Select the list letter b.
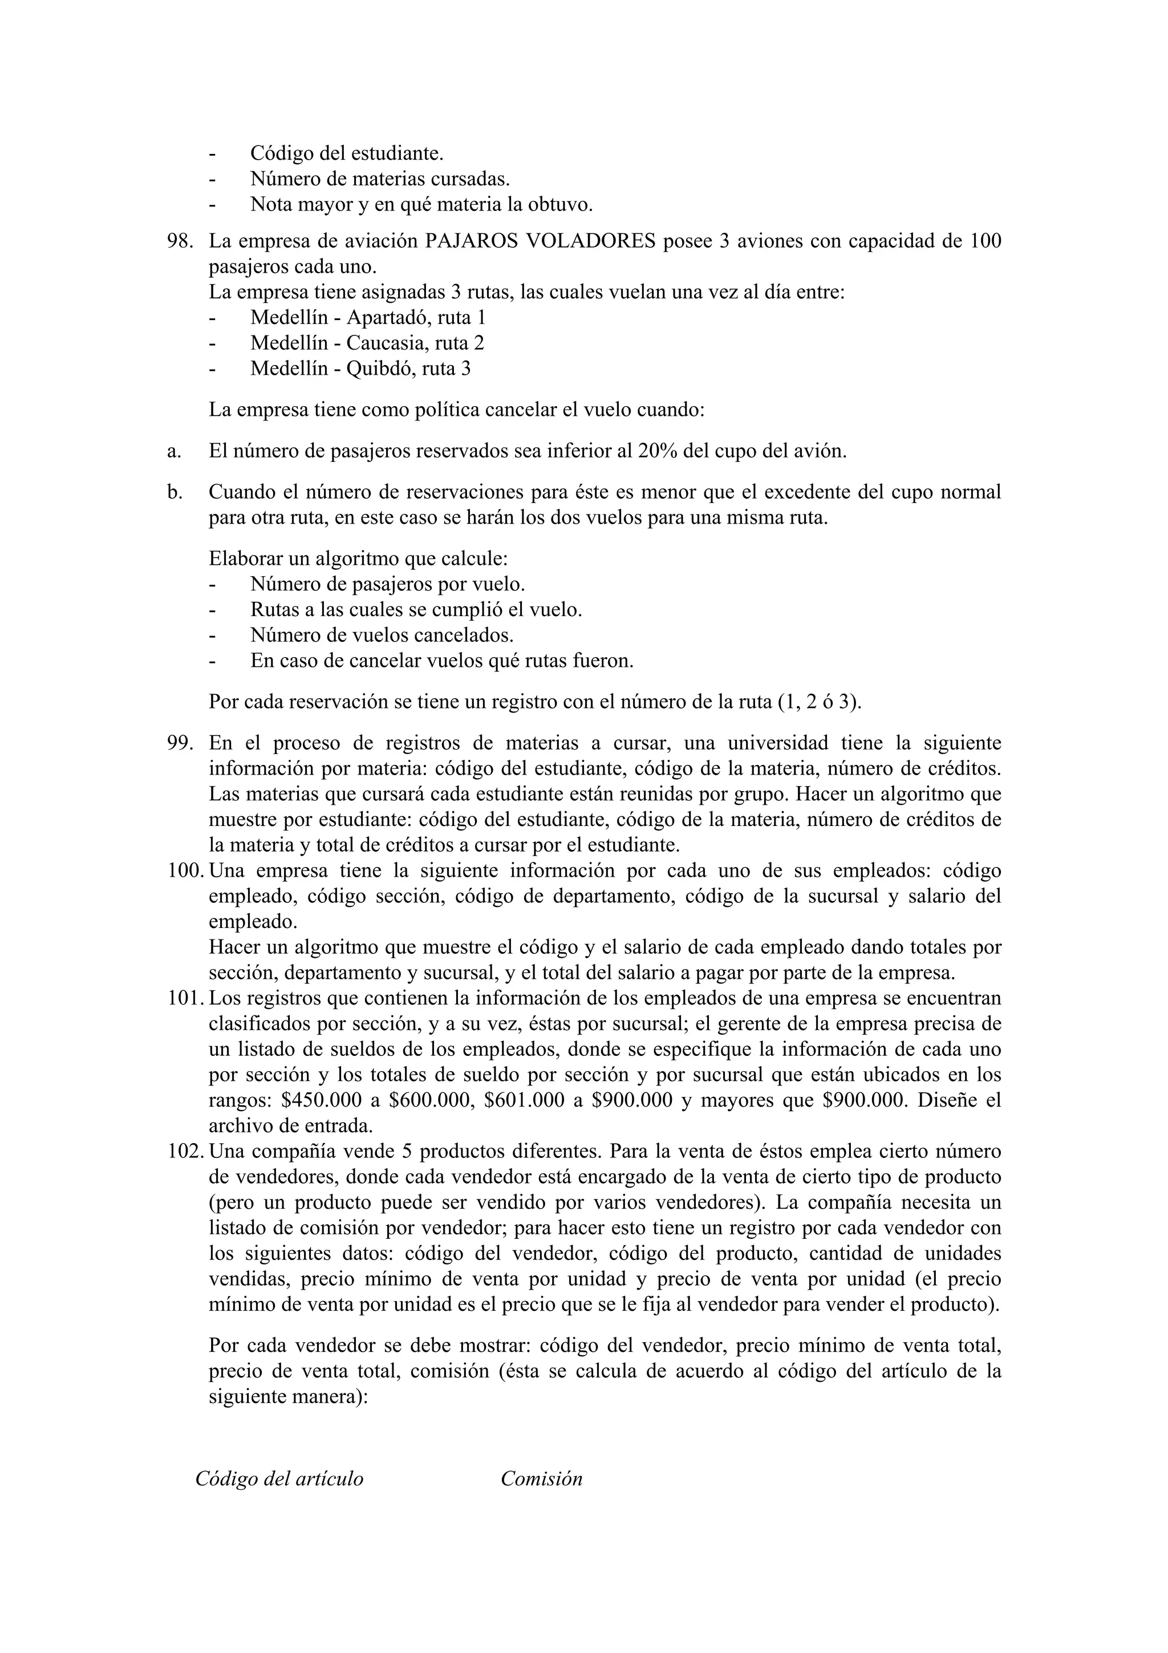click(173, 492)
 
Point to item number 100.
click(184, 871)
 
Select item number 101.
click(184, 999)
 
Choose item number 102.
click(184, 1152)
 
